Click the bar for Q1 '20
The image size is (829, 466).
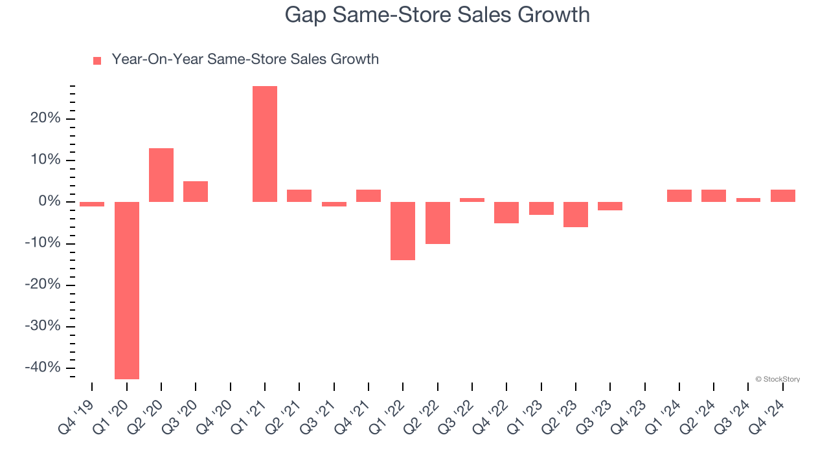[x=127, y=290]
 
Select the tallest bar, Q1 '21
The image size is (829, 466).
[x=265, y=144]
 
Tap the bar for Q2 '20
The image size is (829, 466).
[x=161, y=175]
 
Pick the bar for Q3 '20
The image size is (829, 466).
[x=196, y=192]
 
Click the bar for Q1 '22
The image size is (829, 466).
[x=403, y=231]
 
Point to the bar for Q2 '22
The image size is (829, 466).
[x=438, y=223]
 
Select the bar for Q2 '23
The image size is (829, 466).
[x=576, y=214]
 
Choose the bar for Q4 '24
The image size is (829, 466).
[x=783, y=195]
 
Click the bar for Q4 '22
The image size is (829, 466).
[x=506, y=212]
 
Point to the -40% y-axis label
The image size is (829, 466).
[x=43, y=367]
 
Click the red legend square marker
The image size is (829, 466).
[x=97, y=61]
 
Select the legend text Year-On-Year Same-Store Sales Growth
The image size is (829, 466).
[x=245, y=60]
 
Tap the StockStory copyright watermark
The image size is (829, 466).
[x=777, y=379]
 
